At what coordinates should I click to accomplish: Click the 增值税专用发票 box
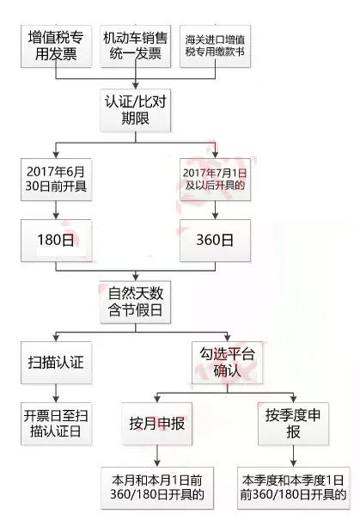(x=56, y=46)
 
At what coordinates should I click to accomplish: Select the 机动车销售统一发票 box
(x=136, y=46)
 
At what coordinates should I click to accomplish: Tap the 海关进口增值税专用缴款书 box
(x=215, y=46)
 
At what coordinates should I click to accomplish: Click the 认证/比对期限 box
(x=136, y=110)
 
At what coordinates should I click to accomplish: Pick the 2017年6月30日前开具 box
(x=56, y=180)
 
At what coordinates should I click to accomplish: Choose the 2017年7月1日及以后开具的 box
(x=215, y=180)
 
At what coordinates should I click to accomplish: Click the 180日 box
(x=56, y=241)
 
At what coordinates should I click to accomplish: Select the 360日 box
(x=215, y=241)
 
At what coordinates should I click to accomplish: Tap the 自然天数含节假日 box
(x=136, y=303)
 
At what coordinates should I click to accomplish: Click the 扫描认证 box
(x=56, y=363)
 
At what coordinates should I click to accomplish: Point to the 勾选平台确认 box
(x=228, y=363)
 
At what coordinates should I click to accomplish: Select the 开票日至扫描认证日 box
(x=56, y=424)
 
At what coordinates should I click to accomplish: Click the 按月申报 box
(x=157, y=424)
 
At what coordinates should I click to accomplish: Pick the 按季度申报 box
(x=293, y=424)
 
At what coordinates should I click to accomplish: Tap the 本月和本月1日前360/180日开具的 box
(x=157, y=488)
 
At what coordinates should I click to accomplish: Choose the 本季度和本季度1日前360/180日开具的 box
(x=293, y=488)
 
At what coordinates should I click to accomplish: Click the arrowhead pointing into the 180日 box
(x=56, y=216)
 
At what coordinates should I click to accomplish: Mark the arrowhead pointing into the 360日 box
(x=215, y=216)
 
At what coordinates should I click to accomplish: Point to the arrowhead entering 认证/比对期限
(x=136, y=86)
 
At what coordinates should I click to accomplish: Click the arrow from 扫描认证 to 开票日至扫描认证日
(x=56, y=394)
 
